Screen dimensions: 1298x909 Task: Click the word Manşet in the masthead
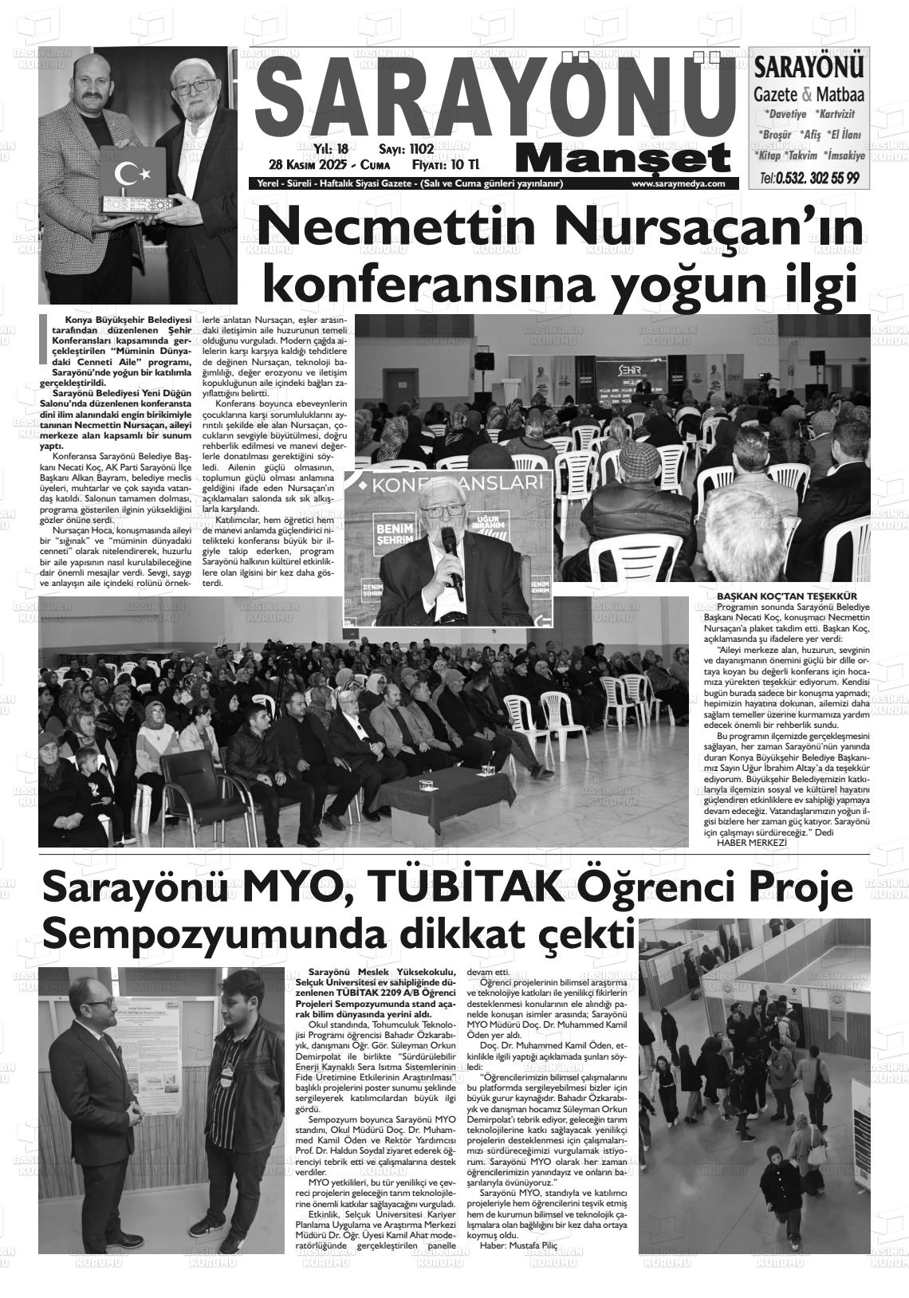[623, 159]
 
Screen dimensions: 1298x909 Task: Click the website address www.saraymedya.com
[678, 184]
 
